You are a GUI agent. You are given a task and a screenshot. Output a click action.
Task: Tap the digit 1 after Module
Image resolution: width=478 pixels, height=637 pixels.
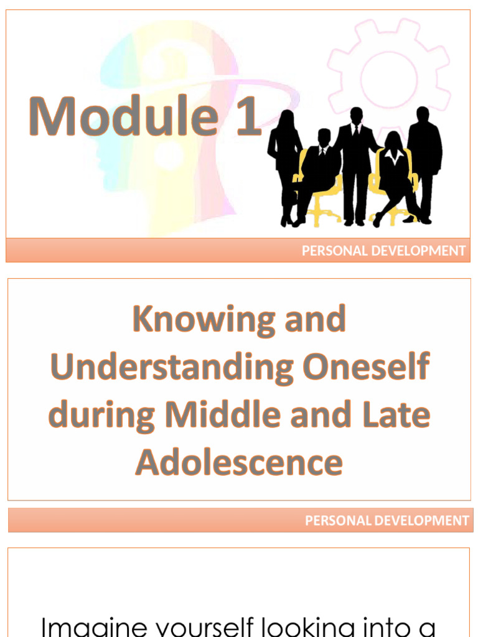[x=247, y=116]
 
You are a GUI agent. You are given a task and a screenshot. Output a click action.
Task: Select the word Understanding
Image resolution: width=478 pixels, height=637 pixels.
[x=172, y=367]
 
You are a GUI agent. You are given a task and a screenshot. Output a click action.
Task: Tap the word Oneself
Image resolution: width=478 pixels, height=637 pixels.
[x=366, y=367]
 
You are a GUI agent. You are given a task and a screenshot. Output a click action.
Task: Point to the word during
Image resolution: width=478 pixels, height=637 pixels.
[x=101, y=415]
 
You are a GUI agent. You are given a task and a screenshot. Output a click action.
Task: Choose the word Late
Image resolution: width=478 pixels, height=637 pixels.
[x=396, y=415]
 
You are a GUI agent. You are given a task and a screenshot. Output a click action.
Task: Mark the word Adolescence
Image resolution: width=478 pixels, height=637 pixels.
[x=239, y=462]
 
